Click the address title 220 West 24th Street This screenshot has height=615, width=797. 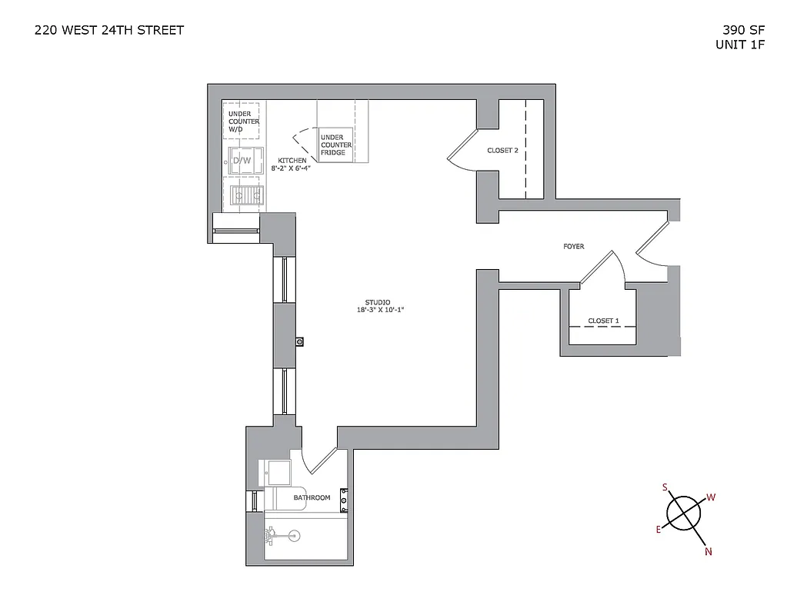pyautogui.click(x=109, y=31)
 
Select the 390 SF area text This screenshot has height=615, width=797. pyautogui.click(x=743, y=31)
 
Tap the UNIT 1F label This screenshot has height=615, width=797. pyautogui.click(x=739, y=45)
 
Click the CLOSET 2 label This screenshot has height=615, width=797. pyautogui.click(x=502, y=151)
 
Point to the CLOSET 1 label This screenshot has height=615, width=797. pyautogui.click(x=603, y=321)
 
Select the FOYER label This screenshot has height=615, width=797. pyautogui.click(x=573, y=247)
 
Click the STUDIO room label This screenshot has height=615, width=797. pyautogui.click(x=377, y=302)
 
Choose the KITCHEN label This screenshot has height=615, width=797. pyautogui.click(x=292, y=161)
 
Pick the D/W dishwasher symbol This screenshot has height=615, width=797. pyautogui.click(x=242, y=160)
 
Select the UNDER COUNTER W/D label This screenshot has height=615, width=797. pyautogui.click(x=243, y=121)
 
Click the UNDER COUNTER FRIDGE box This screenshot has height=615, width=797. pyautogui.click(x=336, y=145)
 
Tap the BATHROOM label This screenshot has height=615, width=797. pyautogui.click(x=312, y=497)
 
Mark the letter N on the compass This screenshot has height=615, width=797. pyautogui.click(x=708, y=551)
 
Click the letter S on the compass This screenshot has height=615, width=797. pyautogui.click(x=665, y=487)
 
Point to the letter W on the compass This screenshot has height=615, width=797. pyautogui.click(x=711, y=497)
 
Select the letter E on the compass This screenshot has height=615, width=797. pyautogui.click(x=659, y=529)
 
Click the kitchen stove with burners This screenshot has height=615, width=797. pyautogui.click(x=246, y=195)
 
